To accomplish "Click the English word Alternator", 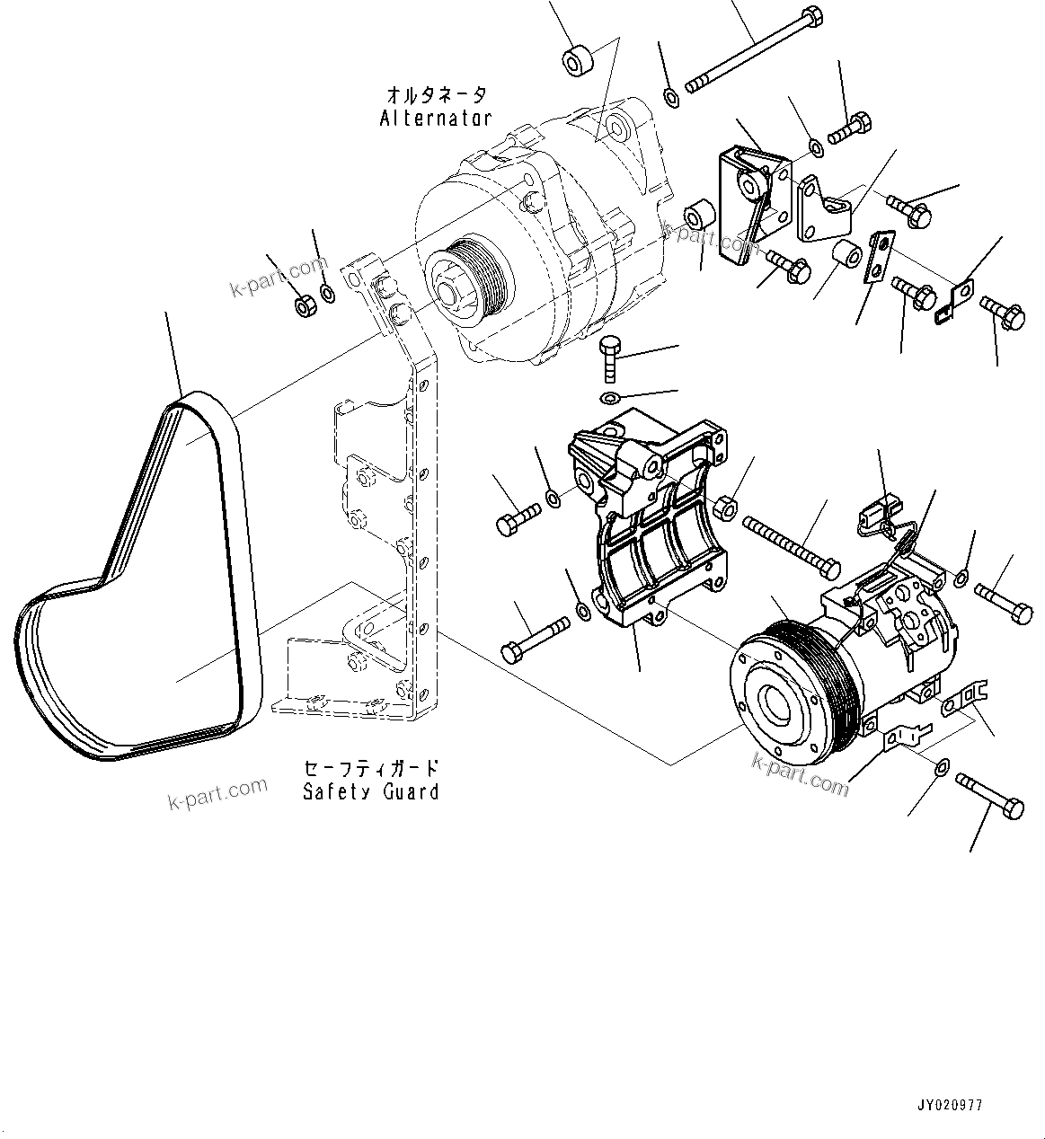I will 436,118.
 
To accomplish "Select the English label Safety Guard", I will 371,791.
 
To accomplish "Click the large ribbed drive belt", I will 135,584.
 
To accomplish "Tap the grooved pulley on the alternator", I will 466,274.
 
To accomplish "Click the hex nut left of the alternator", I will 303,305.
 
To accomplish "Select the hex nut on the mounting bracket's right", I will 727,508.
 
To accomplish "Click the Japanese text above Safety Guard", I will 371,769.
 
